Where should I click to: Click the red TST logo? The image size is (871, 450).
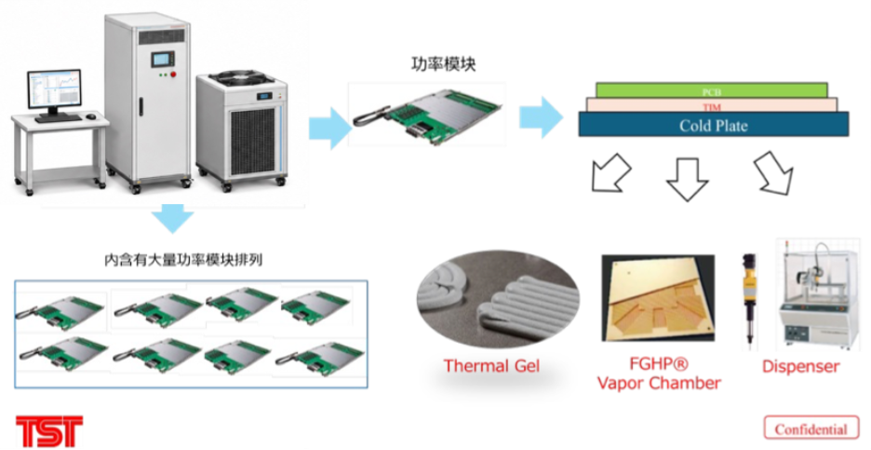coord(49,431)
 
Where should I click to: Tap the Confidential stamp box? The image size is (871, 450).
coord(811,429)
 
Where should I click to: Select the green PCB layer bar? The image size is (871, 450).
coord(712,90)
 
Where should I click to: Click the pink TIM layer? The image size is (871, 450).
coord(712,104)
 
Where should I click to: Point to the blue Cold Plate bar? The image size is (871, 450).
coord(713,124)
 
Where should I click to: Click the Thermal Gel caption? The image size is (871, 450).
coord(491,366)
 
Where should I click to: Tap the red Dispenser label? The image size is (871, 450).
coord(800,366)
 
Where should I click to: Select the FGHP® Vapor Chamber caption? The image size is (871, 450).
coord(659,375)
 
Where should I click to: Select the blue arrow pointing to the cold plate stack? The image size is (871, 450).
coord(541,117)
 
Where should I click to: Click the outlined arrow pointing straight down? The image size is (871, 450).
coord(687,177)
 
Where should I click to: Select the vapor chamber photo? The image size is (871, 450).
coord(658,297)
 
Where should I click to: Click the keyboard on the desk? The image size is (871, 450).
coord(58,118)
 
